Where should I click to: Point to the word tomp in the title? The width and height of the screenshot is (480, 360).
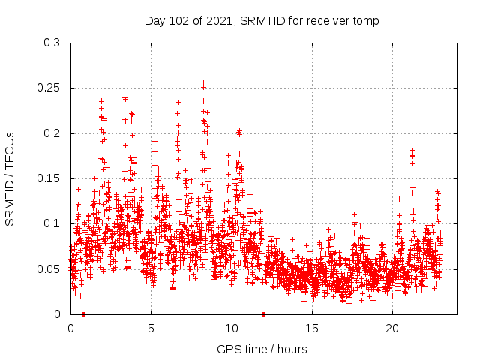click(366, 21)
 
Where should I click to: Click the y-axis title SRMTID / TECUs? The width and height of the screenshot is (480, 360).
click(10, 178)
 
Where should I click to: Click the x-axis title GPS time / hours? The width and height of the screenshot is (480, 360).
click(262, 349)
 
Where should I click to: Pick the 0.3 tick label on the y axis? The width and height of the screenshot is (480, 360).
click(52, 43)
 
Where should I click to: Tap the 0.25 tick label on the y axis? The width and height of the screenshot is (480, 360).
click(49, 88)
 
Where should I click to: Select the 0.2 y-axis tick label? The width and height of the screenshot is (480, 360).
click(52, 133)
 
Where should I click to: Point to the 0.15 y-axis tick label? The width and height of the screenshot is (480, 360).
click(49, 178)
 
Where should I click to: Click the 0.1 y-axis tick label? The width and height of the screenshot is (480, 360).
click(52, 223)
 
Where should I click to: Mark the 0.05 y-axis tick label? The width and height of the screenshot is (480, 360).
click(49, 268)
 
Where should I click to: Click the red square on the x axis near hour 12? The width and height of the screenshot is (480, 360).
click(263, 314)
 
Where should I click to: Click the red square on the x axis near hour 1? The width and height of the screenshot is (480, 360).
click(82, 314)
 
